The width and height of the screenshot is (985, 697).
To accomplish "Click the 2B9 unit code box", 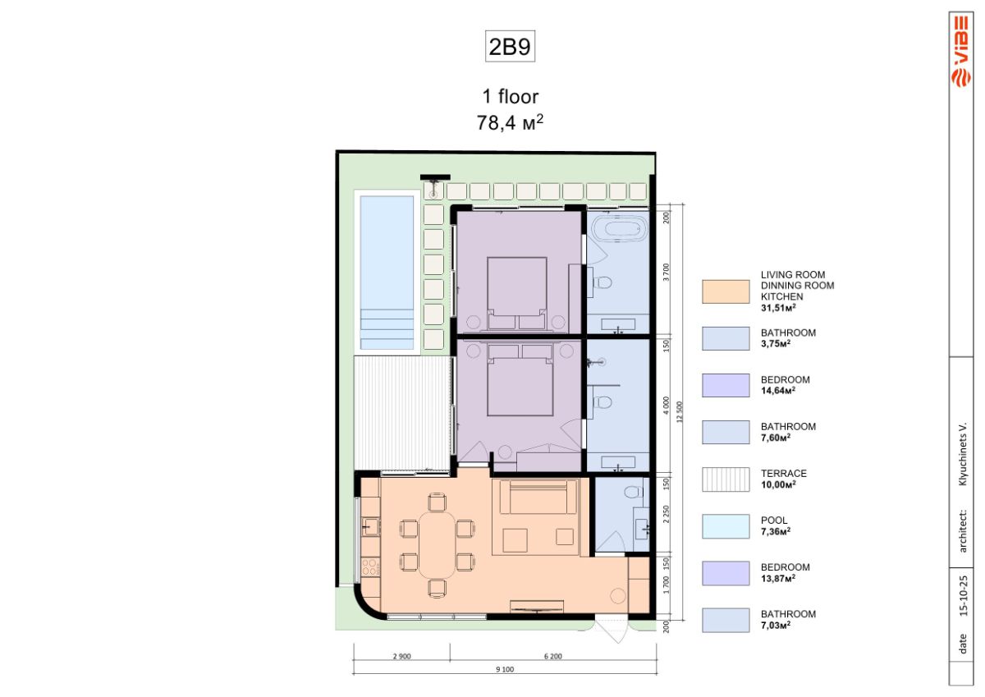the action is tap(510, 46).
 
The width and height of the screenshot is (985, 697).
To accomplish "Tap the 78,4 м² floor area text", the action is tap(510, 122).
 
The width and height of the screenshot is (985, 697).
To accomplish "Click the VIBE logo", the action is tap(961, 51).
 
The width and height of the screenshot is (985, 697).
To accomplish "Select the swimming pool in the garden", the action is tap(387, 273).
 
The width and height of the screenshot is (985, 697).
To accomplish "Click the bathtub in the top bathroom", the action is tap(619, 230).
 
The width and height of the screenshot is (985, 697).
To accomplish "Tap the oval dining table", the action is tap(437, 545).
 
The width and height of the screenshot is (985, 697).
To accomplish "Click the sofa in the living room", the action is tap(538, 497).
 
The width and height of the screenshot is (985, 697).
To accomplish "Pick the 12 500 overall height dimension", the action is tap(680, 412).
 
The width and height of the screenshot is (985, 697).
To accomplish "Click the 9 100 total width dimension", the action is tap(505, 669).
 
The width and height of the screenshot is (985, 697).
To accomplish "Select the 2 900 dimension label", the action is tap(402, 656).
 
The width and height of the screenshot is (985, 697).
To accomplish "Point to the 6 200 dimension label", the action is tap(553, 656).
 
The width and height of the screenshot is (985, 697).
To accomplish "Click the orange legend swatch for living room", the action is tap(726, 291).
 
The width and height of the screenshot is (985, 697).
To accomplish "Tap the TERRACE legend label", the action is tap(784, 474).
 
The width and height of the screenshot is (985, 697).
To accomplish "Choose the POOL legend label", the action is tap(774, 520).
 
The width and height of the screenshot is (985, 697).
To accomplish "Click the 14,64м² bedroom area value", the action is tap(778, 391).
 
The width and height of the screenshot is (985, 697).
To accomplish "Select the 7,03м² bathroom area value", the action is tap(776, 625).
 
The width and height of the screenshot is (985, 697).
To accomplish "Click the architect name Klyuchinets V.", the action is tap(964, 454).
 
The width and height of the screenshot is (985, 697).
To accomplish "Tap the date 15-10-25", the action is tap(964, 595).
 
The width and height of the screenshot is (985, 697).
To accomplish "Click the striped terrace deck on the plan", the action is tap(402, 413).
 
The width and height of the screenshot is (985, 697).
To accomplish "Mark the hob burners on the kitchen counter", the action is tap(371, 566).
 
